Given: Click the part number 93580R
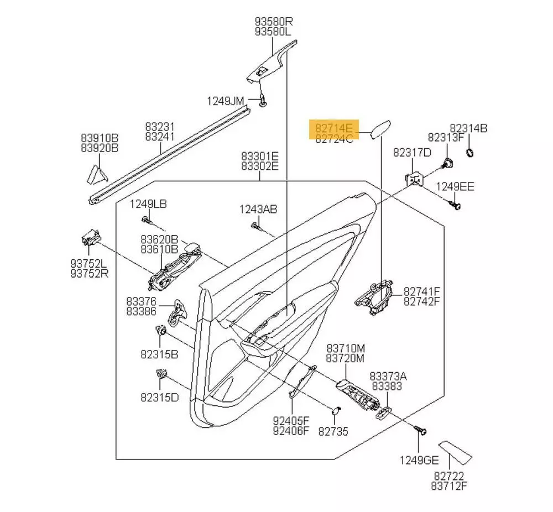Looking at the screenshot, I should [273, 22].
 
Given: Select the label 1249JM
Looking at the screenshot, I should [225, 101].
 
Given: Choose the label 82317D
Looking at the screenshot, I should [411, 152].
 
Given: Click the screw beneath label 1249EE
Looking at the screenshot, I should [456, 206].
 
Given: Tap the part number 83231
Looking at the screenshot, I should [160, 126].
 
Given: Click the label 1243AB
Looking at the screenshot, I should [258, 209].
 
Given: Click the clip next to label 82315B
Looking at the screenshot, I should [162, 331].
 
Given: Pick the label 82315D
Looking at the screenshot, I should [159, 396].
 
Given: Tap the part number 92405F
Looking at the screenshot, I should [291, 420].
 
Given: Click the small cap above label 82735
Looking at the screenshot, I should [335, 410].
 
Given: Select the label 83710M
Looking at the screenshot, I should [345, 348].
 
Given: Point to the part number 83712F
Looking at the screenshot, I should [449, 486].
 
